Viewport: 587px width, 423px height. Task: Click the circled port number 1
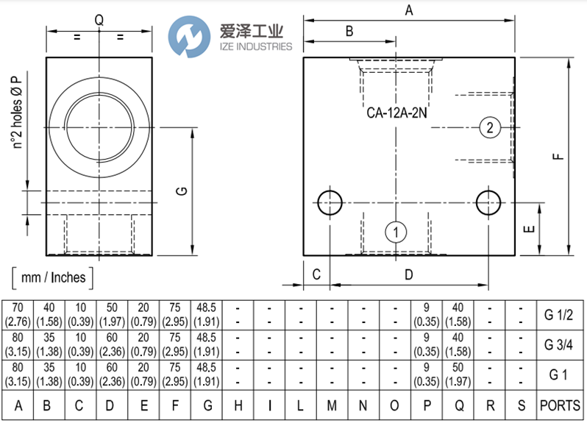coord(396,232)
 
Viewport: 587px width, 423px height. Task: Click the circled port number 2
coord(490,127)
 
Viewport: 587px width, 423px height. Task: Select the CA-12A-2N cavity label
coord(396,114)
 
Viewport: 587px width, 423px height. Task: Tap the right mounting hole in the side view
coord(488,202)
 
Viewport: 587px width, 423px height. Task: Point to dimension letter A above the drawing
coord(409,10)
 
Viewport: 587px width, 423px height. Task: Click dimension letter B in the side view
coord(350,31)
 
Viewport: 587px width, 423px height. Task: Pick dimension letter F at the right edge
coord(558,156)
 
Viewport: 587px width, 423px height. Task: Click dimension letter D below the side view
coord(409,274)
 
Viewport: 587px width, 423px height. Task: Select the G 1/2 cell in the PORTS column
coord(558,315)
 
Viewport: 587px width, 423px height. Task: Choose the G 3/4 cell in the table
coord(558,344)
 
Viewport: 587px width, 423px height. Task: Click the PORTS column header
coord(560,405)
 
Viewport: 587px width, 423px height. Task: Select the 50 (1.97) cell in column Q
coord(458,374)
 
